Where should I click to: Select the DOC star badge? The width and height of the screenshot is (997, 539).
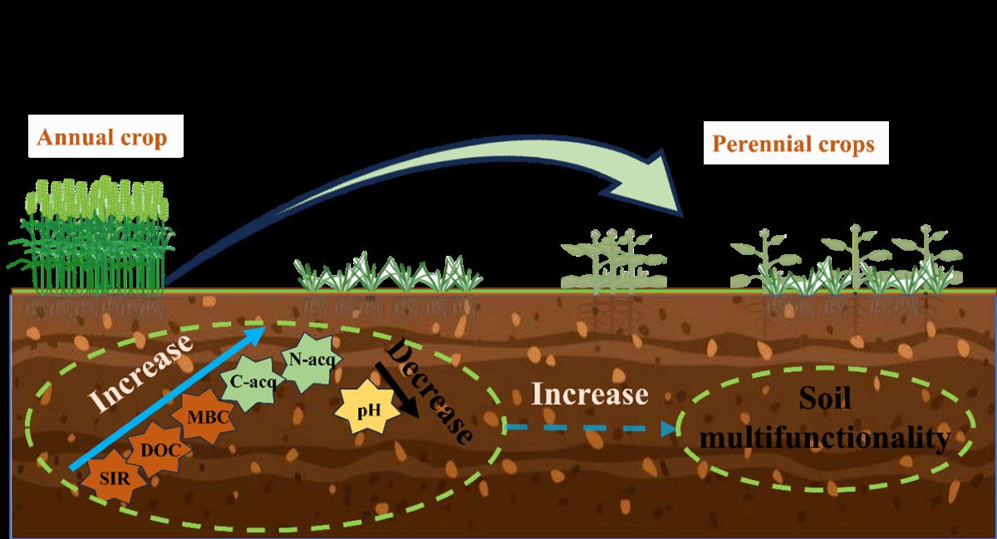coord(158,449)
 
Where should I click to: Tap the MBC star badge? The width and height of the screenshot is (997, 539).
coord(203,416)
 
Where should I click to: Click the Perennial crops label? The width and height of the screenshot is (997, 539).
coord(793,144)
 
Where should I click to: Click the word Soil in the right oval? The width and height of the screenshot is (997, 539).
coord(825,403)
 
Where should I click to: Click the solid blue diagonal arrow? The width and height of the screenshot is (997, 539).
coord(166,399)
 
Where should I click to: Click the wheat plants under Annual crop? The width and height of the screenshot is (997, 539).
coord(91,237)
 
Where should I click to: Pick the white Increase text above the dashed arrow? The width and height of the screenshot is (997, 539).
coord(590,394)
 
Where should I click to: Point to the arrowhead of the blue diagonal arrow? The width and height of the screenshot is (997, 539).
coord(256,332)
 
